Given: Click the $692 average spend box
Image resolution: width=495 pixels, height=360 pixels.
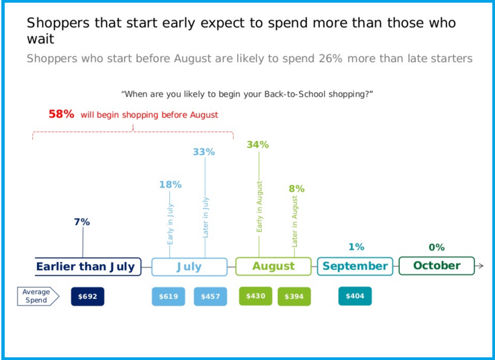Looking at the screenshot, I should tap(87, 296).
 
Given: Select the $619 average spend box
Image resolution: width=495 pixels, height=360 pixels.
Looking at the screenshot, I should tap(169, 296).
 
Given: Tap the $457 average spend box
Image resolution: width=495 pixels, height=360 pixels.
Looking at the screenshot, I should tap(210, 296).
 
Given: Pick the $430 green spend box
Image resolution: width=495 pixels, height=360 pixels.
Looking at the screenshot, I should tap(256, 296).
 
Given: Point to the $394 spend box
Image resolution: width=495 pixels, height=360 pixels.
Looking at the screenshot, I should tap(294, 296).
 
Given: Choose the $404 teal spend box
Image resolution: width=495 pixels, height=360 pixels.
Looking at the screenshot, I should tap(355, 296).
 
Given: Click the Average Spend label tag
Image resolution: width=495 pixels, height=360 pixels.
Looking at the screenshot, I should tap(38, 296).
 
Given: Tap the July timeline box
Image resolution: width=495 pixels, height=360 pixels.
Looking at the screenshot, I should tap(189, 267).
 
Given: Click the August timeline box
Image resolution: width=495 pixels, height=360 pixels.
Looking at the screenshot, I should tap(273, 267).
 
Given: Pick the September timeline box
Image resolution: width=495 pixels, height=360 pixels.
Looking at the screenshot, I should tap(355, 267).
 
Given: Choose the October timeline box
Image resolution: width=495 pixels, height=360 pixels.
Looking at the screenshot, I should tap(437, 266).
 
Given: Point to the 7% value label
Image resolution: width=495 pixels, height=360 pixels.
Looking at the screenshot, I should tap(82, 222).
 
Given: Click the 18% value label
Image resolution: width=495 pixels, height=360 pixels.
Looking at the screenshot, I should tap(170, 185).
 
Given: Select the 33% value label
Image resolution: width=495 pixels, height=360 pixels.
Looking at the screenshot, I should tap(204, 152).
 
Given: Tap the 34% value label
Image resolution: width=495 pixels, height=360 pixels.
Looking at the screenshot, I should tap(258, 144).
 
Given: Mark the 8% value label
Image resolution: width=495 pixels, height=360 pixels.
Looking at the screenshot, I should tap(297, 189).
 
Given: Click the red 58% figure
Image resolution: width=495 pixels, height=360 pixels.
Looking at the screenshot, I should tap(61, 114).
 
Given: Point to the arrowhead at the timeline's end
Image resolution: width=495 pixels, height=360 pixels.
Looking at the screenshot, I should tap(480, 267).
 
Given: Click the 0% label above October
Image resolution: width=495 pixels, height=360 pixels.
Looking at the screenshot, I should tap(437, 247).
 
